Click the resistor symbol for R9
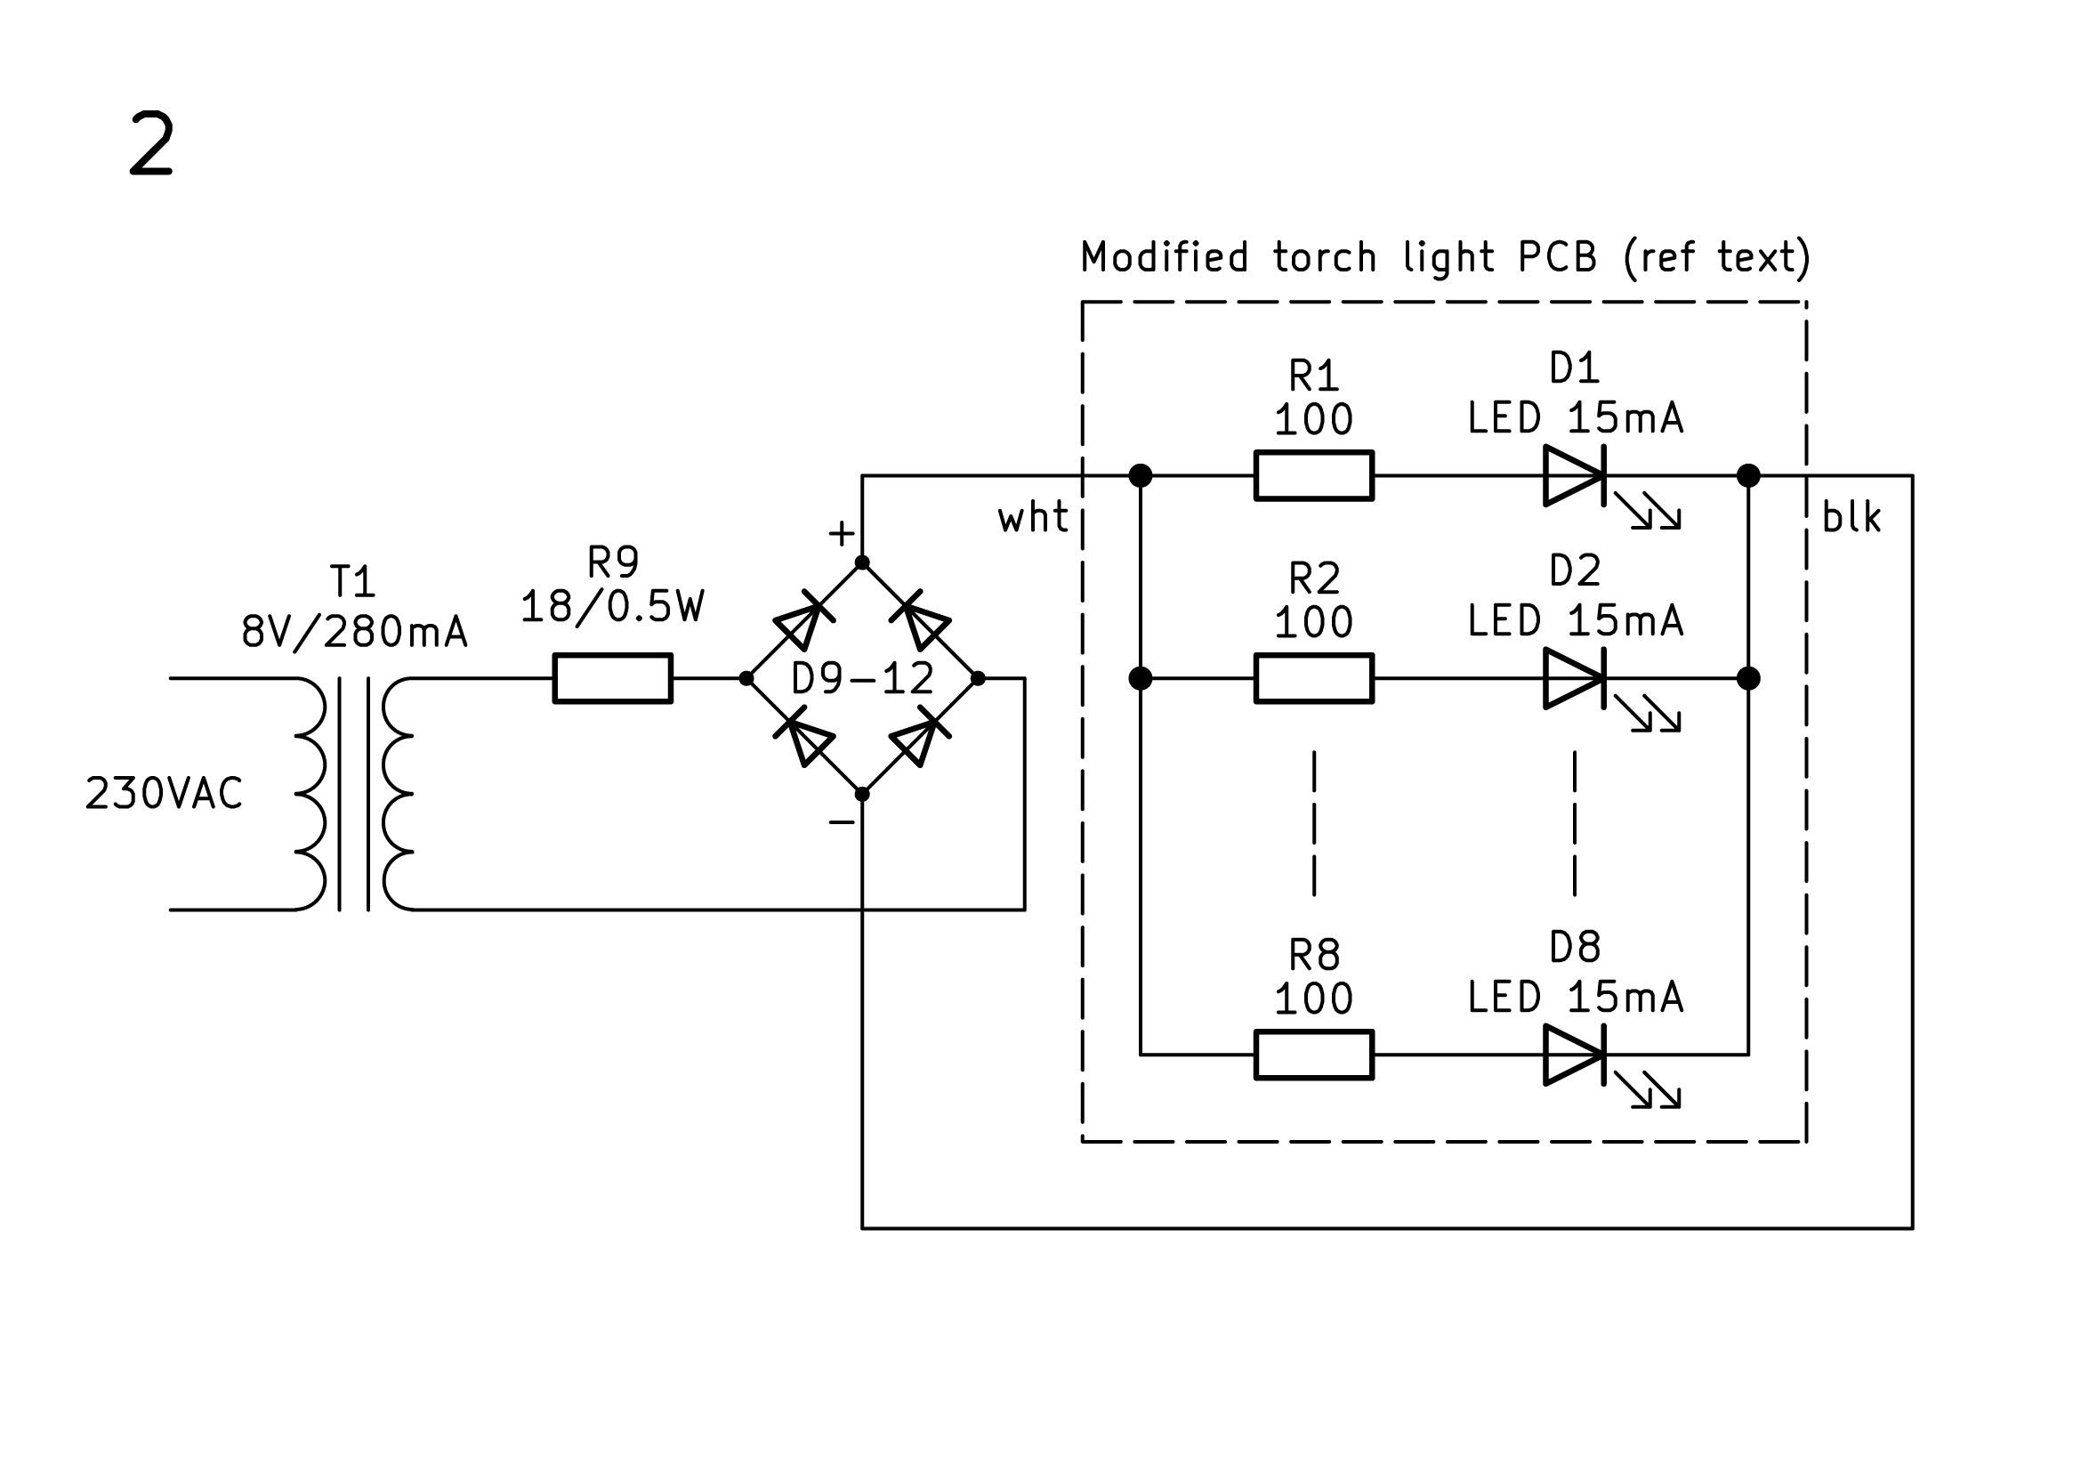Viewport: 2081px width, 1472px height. click(x=613, y=678)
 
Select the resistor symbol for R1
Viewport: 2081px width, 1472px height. click(x=1313, y=475)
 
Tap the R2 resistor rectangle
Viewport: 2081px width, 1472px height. click(x=1313, y=678)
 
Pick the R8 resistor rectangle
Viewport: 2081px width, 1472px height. click(x=1313, y=1054)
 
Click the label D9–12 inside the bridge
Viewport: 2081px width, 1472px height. click(x=862, y=679)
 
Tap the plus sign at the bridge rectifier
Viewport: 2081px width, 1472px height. click(x=841, y=534)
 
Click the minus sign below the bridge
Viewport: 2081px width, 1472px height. click(x=841, y=822)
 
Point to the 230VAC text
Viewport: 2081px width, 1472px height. click(x=164, y=794)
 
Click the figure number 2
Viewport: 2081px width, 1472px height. click(x=151, y=144)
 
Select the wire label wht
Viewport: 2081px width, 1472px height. click(x=1032, y=518)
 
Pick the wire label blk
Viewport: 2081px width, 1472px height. click(x=1851, y=518)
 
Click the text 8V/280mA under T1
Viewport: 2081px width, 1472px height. click(x=354, y=632)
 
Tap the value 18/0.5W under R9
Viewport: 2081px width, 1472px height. click(x=613, y=607)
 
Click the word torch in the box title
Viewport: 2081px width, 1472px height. click(x=1324, y=257)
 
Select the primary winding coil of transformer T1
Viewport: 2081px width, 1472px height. click(x=310, y=794)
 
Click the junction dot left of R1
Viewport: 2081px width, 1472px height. click(x=1141, y=475)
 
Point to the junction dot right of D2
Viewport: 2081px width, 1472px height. click(x=1748, y=678)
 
